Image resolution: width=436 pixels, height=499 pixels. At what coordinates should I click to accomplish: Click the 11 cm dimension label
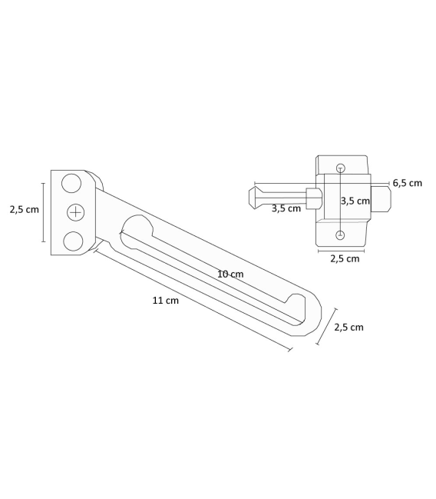click(x=166, y=301)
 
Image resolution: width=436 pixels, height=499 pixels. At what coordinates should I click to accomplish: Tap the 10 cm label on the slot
click(x=230, y=274)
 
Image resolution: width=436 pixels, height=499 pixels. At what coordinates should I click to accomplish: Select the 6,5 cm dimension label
click(x=408, y=183)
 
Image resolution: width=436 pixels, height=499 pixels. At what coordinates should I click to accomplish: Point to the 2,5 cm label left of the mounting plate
click(x=24, y=209)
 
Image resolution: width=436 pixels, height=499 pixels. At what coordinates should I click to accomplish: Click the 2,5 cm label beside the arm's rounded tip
click(x=348, y=327)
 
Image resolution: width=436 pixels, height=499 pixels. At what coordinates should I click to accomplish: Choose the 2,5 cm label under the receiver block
click(x=345, y=259)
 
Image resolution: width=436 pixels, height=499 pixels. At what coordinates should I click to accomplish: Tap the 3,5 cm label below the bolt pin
click(x=286, y=209)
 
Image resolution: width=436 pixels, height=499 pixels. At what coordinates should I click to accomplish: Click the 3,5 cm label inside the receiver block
click(x=355, y=201)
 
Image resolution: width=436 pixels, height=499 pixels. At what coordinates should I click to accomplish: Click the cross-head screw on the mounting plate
click(x=76, y=212)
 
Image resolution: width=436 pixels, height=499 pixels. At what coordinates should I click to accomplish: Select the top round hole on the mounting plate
click(x=71, y=183)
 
